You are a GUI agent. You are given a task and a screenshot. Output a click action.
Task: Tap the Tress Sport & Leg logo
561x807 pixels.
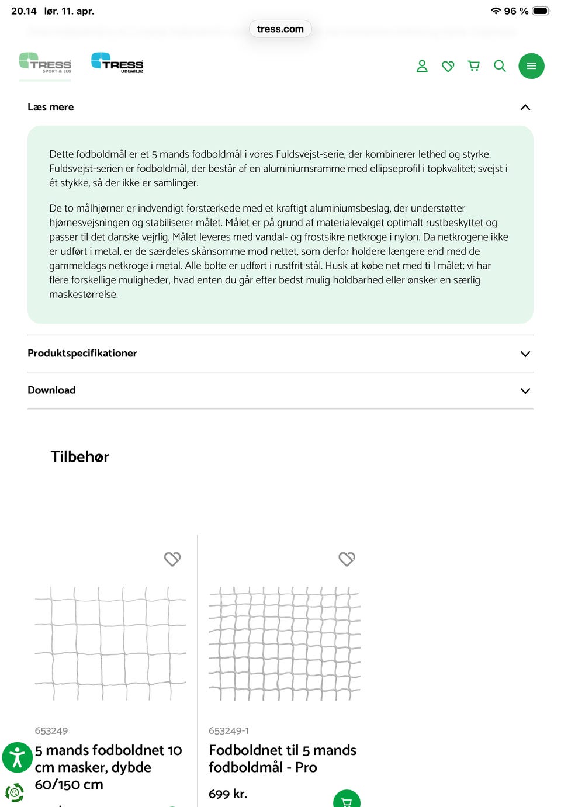pyautogui.click(x=45, y=63)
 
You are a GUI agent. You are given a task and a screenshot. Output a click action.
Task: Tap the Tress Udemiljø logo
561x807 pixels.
pyautogui.click(x=117, y=63)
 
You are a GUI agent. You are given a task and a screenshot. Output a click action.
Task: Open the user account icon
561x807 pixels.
pyautogui.click(x=422, y=66)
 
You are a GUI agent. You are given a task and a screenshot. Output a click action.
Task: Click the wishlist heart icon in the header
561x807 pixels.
pyautogui.click(x=448, y=66)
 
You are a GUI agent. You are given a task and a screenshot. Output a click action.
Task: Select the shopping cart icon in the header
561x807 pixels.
pyautogui.click(x=474, y=66)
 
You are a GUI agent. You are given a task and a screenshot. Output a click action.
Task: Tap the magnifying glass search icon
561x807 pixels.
pyautogui.click(x=500, y=66)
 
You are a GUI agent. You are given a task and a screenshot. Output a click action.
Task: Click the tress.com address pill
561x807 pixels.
pyautogui.click(x=280, y=29)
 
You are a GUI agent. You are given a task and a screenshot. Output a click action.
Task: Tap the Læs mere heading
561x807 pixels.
pyautogui.click(x=51, y=107)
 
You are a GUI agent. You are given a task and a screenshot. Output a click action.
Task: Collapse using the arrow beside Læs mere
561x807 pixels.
pyautogui.click(x=525, y=107)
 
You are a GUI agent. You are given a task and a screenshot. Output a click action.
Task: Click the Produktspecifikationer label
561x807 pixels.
pyautogui.click(x=82, y=353)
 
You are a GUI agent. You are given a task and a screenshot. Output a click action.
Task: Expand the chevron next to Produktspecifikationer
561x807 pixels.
pyautogui.click(x=525, y=354)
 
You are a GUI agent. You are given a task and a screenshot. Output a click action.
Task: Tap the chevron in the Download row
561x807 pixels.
pyautogui.click(x=525, y=390)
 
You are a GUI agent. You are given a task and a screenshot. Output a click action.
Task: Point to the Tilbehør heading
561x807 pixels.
pyautogui.click(x=80, y=456)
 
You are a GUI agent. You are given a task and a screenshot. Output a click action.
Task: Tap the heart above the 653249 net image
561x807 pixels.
pyautogui.click(x=172, y=559)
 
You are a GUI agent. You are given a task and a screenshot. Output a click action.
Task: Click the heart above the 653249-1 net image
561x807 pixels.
pyautogui.click(x=347, y=559)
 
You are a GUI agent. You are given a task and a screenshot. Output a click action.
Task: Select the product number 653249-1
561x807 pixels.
pyautogui.click(x=228, y=730)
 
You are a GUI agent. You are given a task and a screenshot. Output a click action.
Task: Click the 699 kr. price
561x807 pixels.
pyautogui.click(x=228, y=794)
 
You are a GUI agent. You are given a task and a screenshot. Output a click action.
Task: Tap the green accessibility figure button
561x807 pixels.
pyautogui.click(x=18, y=757)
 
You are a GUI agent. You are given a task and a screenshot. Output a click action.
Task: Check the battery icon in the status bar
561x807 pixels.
pyautogui.click(x=541, y=11)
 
